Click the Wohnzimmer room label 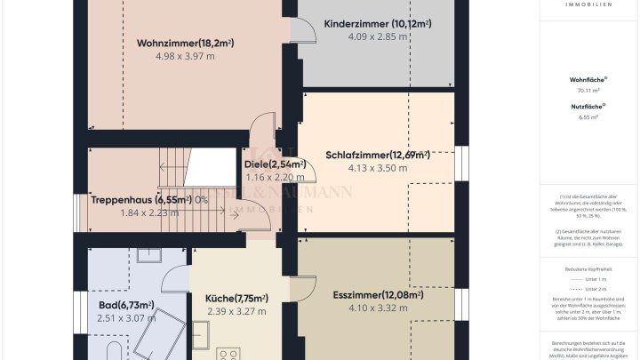click(185, 43)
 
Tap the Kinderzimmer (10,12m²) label click(377, 24)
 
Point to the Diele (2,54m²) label click(275, 164)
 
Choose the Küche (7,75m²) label click(237, 298)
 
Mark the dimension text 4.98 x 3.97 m click(185, 56)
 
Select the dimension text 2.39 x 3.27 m click(236, 311)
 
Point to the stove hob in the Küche click(229, 351)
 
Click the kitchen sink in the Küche click(202, 336)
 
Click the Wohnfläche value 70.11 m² click(589, 90)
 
